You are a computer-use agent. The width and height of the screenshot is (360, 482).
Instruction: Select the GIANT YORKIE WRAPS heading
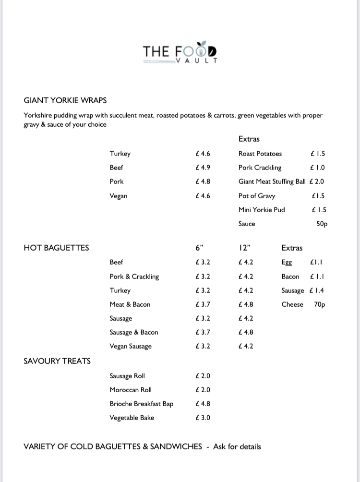point(65,100)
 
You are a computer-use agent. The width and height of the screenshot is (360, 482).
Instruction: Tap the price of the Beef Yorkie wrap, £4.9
point(203,168)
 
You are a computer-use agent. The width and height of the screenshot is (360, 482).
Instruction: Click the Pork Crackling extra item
point(260,168)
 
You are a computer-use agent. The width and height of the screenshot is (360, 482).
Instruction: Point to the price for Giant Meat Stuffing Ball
point(317,181)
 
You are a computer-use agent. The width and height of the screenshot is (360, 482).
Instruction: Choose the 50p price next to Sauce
point(322,224)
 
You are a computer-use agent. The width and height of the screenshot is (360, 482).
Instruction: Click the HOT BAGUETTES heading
point(56,248)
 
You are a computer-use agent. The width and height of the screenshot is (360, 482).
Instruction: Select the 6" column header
point(200,248)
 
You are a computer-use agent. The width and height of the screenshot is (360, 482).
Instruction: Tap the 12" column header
point(244,248)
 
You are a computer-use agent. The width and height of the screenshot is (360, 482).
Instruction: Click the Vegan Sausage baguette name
point(130,346)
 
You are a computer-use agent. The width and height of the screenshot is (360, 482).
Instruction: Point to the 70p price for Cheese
point(320,304)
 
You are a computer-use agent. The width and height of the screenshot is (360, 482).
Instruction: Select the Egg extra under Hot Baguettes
point(287,263)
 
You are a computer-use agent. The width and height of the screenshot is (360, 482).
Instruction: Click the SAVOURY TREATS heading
point(57,361)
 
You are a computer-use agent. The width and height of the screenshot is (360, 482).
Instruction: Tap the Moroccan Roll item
point(130,390)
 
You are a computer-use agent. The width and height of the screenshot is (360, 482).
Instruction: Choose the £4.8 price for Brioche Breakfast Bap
point(203,404)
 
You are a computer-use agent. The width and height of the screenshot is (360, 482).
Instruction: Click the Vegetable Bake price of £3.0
point(203,418)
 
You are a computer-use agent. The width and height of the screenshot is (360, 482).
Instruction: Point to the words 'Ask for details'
point(237,446)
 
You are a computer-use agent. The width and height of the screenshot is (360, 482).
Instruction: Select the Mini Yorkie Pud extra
point(262,210)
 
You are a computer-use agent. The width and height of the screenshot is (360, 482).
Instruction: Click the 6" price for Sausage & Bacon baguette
point(203,332)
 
